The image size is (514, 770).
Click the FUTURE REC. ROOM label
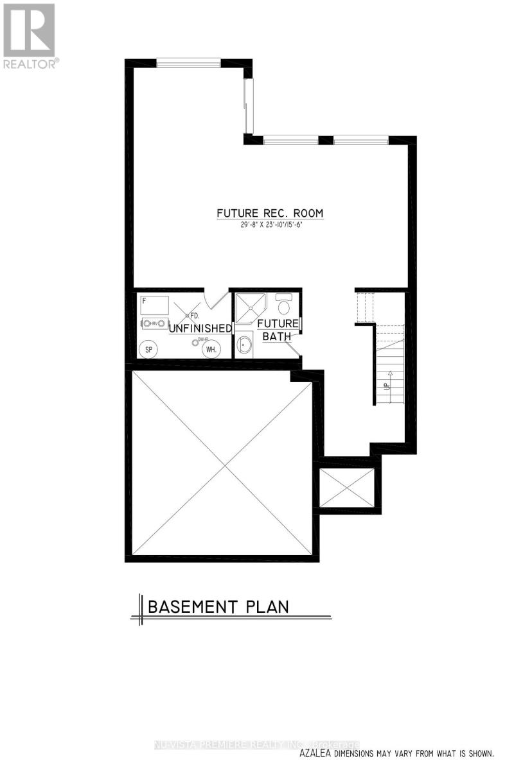click(269, 213)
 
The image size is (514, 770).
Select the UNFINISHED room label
click(200, 328)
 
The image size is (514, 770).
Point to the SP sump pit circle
click(148, 350)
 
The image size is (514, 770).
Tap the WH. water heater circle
click(210, 350)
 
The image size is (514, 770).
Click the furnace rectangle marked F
click(154, 305)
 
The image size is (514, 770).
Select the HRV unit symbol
click(155, 323)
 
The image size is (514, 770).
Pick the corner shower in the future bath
click(247, 306)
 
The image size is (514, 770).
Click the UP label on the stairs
click(387, 386)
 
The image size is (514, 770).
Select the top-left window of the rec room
click(189, 63)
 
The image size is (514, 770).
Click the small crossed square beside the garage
click(346, 488)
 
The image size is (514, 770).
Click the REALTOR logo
click(30, 35)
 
